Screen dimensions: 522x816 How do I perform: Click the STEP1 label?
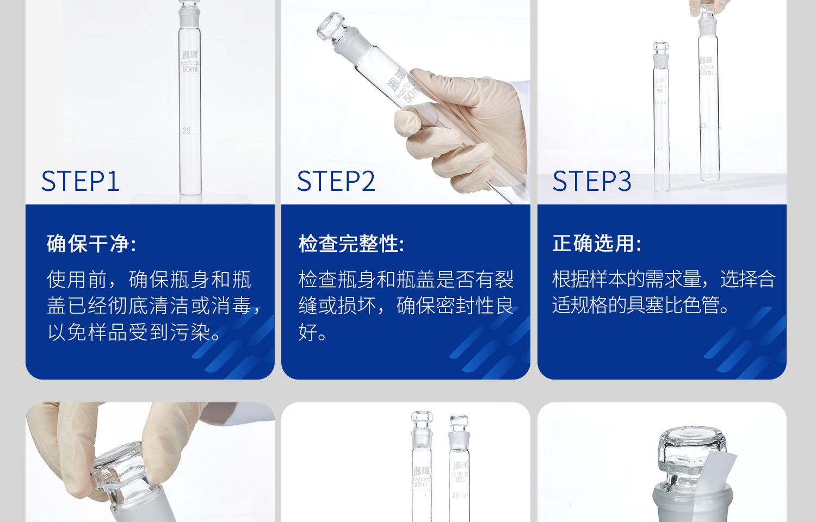[80, 181]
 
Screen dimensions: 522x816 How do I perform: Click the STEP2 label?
[336, 181]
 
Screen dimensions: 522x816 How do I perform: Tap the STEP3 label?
[592, 181]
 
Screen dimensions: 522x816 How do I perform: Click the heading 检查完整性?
[351, 244]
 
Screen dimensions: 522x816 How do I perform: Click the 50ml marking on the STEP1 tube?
[190, 69]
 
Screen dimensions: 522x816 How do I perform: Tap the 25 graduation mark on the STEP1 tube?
[187, 131]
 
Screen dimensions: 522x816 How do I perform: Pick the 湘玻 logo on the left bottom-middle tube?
[421, 470]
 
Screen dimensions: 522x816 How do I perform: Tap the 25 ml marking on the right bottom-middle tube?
[460, 496]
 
